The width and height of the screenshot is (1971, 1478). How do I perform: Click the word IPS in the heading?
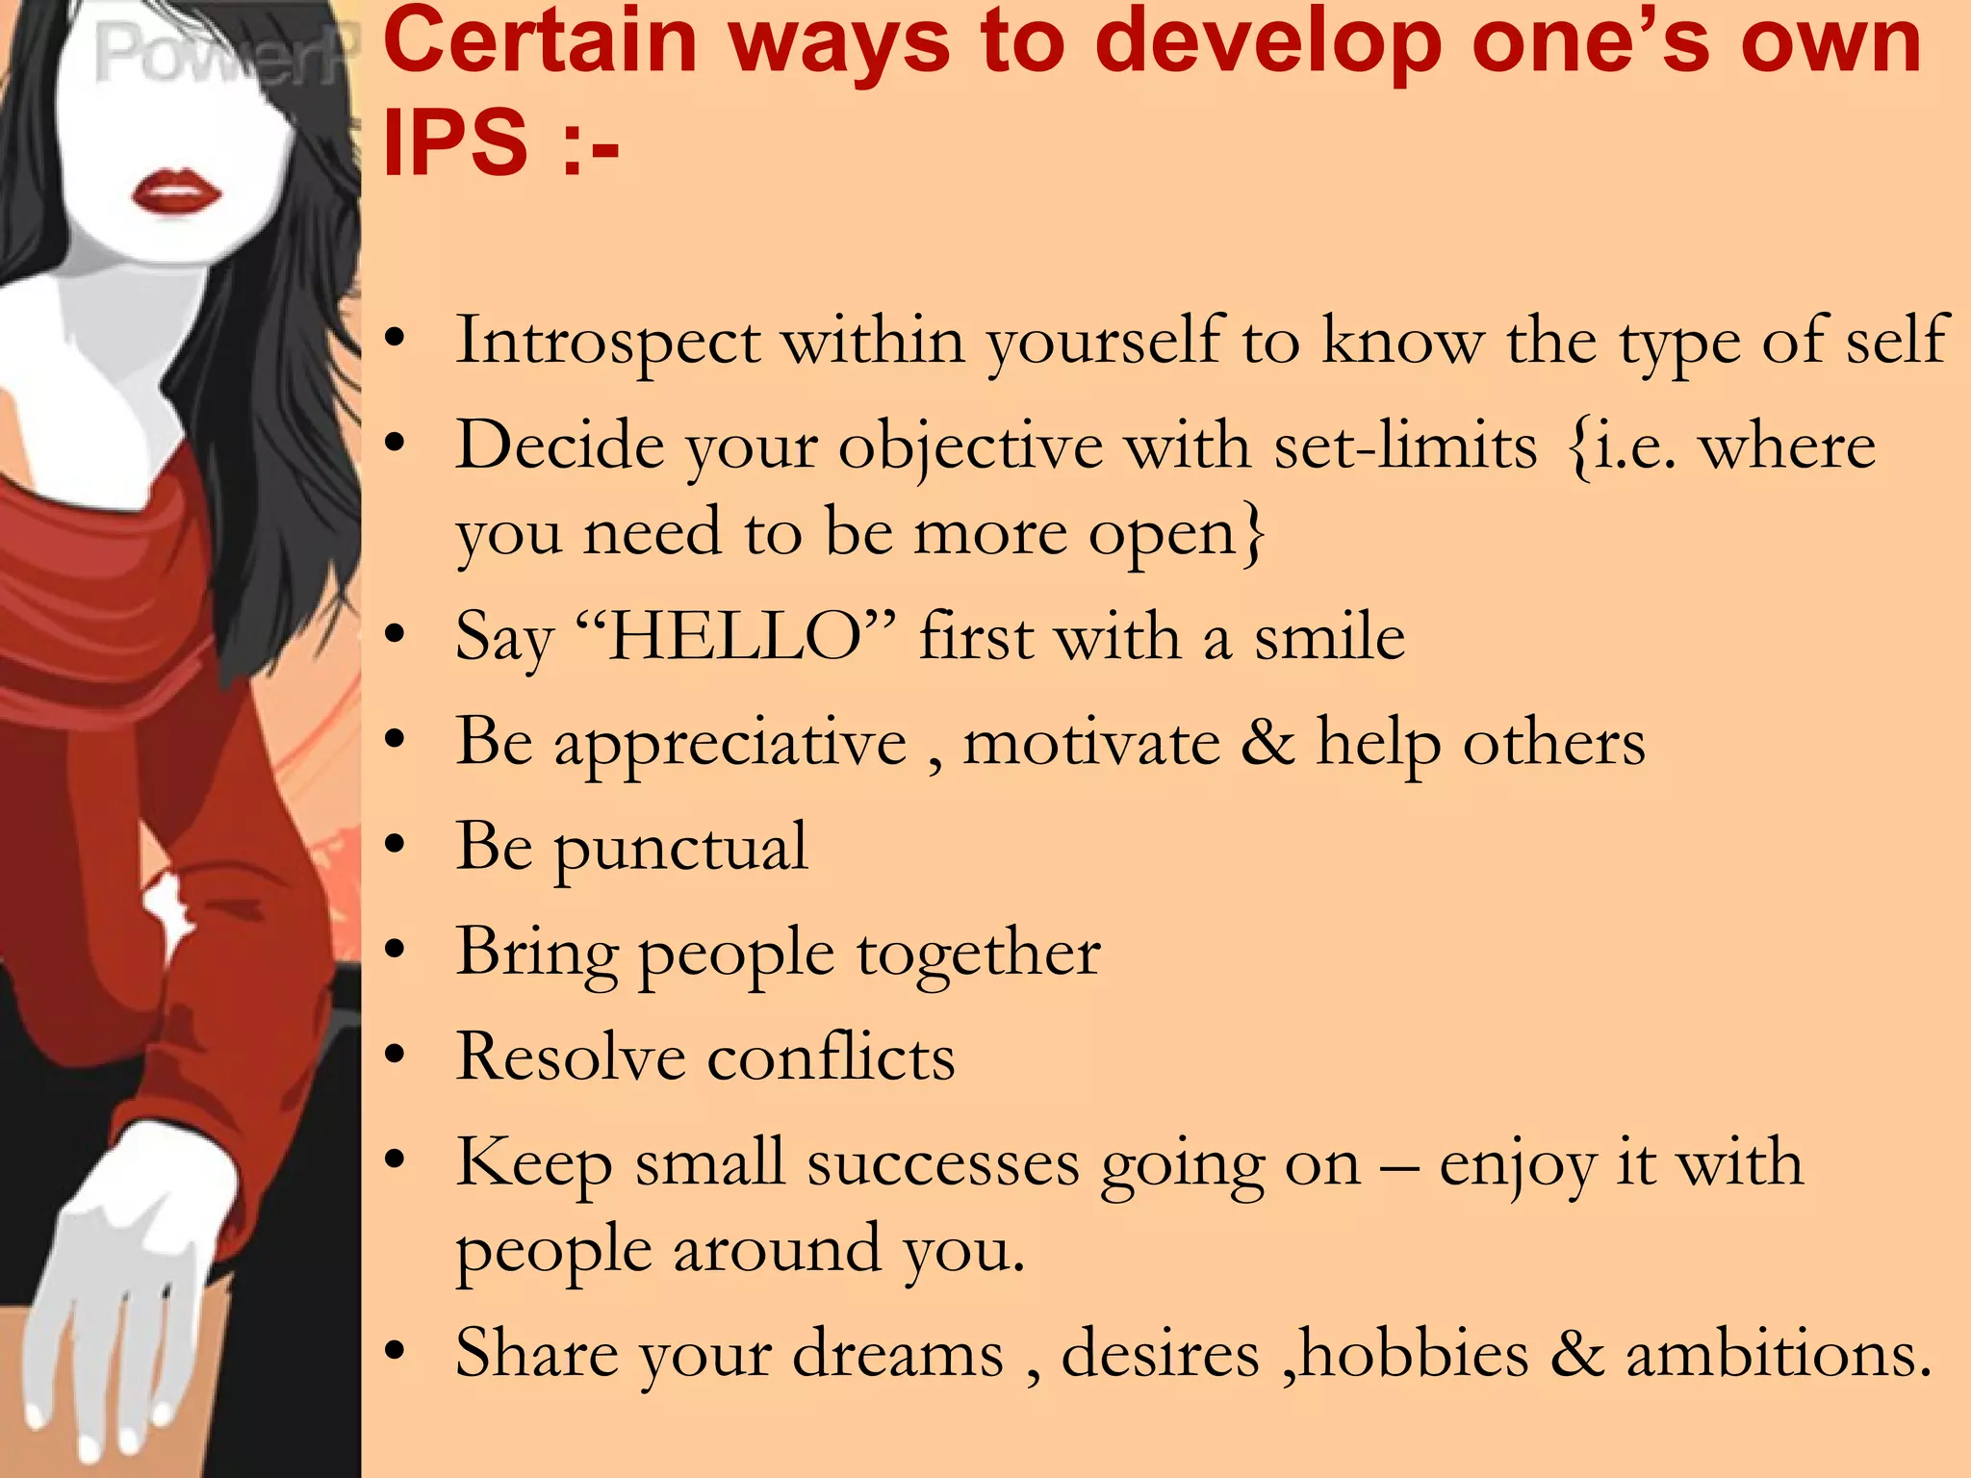tap(455, 143)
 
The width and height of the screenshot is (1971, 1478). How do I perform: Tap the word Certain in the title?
tap(540, 43)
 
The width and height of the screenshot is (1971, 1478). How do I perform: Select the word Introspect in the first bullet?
tap(607, 342)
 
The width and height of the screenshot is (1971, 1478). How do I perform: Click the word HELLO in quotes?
tap(735, 638)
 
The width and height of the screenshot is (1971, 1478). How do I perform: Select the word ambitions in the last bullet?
tap(1779, 1355)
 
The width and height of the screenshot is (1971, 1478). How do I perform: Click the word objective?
tap(970, 448)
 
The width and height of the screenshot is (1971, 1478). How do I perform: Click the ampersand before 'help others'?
tap(1267, 743)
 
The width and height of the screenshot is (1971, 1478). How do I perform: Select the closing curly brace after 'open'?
tap(1252, 535)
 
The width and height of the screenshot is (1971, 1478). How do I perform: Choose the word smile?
tap(1329, 638)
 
